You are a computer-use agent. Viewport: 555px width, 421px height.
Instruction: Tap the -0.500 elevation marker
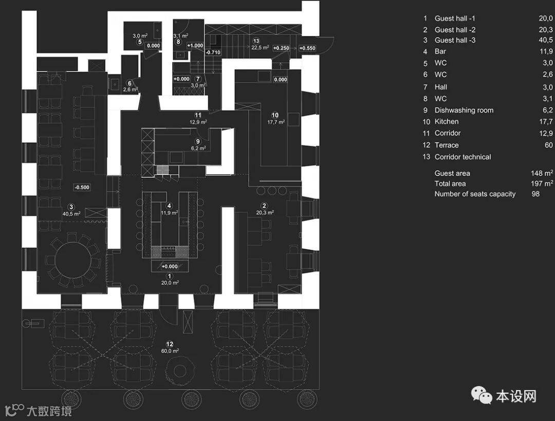coord(81,187)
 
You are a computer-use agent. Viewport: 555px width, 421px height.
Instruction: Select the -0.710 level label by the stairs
coord(212,52)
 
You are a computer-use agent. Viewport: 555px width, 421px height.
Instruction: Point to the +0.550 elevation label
coord(307,48)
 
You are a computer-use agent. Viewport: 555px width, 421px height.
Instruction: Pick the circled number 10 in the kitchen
coord(275,115)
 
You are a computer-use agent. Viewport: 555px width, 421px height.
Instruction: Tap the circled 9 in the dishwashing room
coord(197,141)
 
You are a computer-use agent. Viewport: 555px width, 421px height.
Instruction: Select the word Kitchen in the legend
coord(446,122)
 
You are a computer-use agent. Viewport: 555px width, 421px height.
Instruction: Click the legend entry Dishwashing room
coord(464,110)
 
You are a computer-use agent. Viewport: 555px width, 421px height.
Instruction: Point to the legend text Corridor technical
coord(462,157)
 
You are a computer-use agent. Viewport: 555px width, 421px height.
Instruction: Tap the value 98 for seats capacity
coord(535,194)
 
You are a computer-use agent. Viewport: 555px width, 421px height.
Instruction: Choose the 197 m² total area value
coord(542,184)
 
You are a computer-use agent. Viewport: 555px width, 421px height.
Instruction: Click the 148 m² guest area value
coord(542,173)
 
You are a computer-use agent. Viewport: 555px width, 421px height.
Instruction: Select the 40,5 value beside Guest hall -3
coord(545,40)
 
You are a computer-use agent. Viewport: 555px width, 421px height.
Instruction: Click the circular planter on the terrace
coord(180,369)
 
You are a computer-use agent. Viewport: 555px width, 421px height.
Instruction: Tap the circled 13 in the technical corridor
coord(256,41)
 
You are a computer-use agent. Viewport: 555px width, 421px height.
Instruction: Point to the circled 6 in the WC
coord(130,83)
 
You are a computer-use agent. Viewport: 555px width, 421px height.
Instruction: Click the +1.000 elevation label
coord(195,46)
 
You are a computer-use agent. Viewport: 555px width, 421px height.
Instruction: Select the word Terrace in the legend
coord(446,145)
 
